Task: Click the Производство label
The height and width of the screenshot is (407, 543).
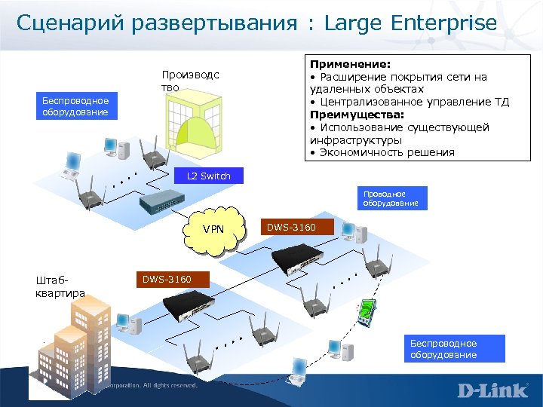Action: pos(190,81)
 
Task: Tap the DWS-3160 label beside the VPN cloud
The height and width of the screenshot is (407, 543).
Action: pos(291,226)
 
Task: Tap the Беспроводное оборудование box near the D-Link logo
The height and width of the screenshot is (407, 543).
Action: pos(443,349)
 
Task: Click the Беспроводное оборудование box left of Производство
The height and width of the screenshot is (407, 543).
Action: pos(75,106)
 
